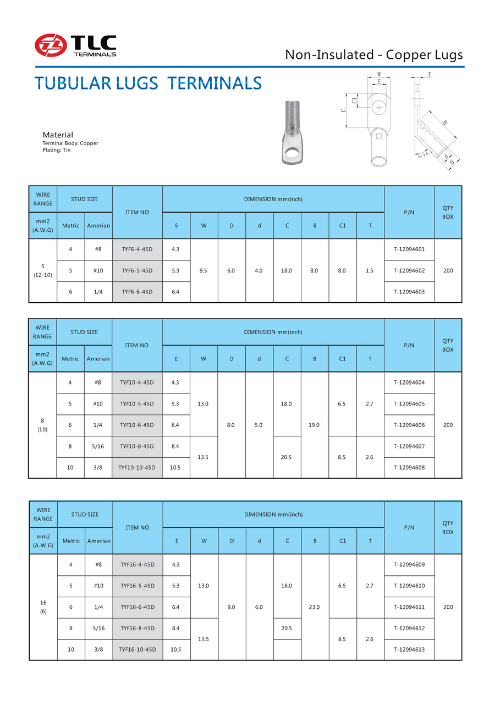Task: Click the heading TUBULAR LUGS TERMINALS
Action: (x=148, y=83)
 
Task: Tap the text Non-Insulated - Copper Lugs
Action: (x=374, y=54)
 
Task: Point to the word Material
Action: (x=58, y=135)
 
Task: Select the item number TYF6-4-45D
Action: (x=137, y=249)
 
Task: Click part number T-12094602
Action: (x=409, y=270)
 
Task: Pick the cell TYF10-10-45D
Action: (x=137, y=468)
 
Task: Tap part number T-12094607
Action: (x=409, y=446)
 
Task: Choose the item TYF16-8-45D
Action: (x=137, y=628)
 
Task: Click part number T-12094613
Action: (x=409, y=650)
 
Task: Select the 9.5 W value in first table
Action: (x=204, y=270)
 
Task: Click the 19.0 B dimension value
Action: (x=315, y=425)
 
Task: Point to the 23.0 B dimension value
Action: (x=315, y=607)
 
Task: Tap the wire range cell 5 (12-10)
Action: (x=42, y=270)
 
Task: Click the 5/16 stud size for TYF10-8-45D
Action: (x=98, y=446)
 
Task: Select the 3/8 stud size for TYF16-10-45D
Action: (x=98, y=650)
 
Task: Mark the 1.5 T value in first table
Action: (x=370, y=270)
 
